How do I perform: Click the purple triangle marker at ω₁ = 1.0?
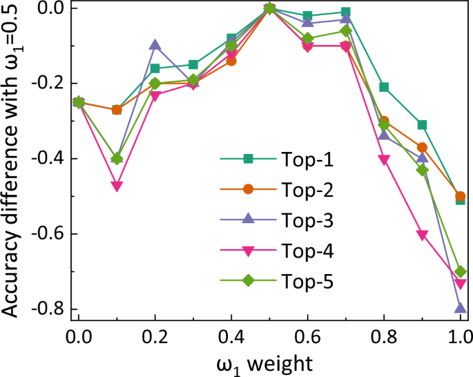pyautogui.click(x=461, y=308)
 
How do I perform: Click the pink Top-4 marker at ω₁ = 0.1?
pyautogui.click(x=117, y=186)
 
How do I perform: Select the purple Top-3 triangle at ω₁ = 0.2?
pyautogui.click(x=155, y=46)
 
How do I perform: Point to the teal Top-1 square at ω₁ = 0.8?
pyautogui.click(x=384, y=87)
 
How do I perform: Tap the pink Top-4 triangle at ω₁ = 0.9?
pyautogui.click(x=422, y=235)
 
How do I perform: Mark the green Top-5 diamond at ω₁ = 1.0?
pyautogui.click(x=461, y=271)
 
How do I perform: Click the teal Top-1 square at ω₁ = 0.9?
pyautogui.click(x=422, y=125)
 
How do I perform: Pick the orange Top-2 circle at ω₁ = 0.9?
pyautogui.click(x=422, y=148)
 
